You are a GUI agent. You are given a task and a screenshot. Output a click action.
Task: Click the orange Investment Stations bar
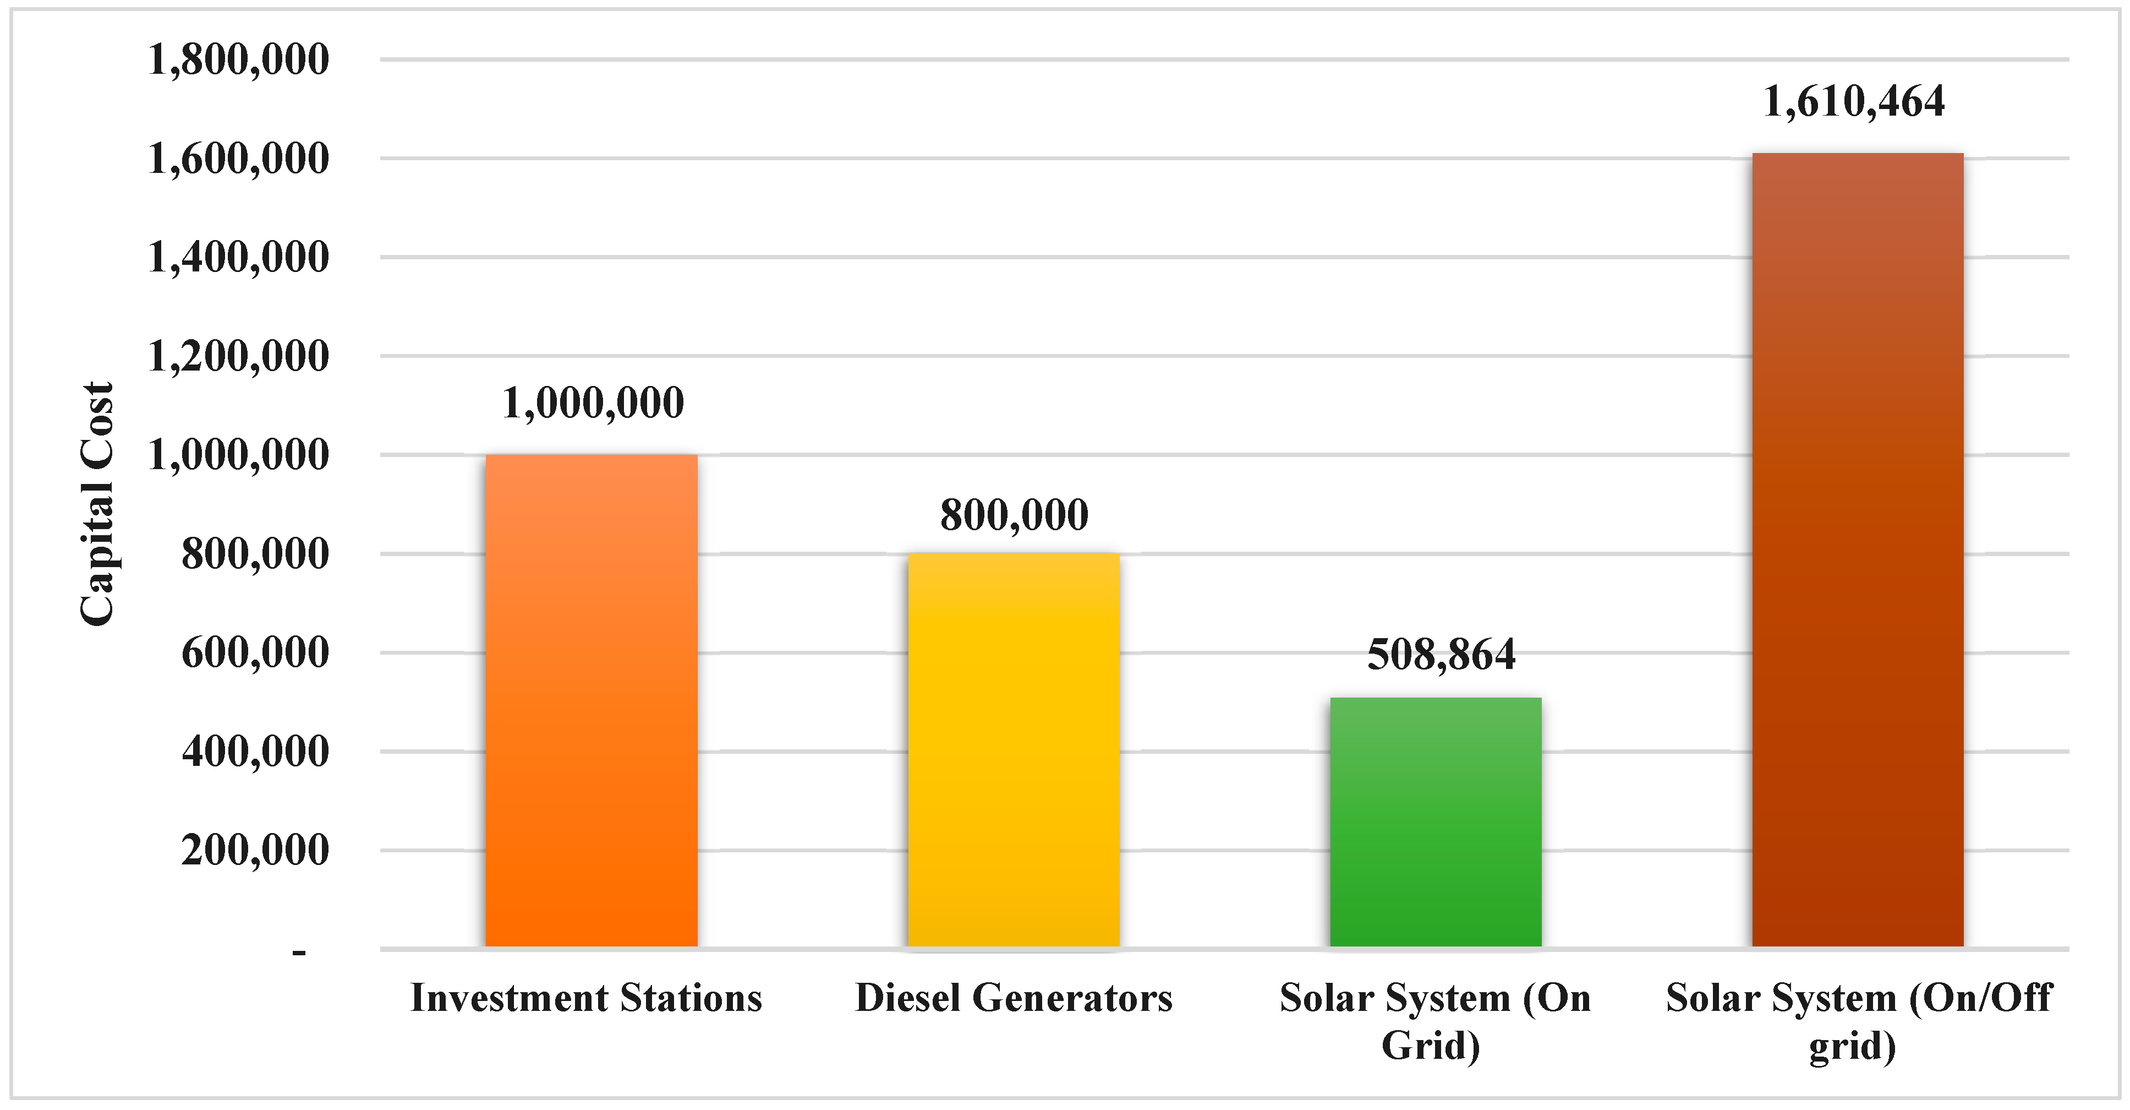click(591, 700)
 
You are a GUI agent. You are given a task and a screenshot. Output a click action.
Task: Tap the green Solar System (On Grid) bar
click(1436, 821)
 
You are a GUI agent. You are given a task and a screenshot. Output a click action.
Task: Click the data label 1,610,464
click(1854, 102)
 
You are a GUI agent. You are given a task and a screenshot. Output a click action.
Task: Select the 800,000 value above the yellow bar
click(1014, 514)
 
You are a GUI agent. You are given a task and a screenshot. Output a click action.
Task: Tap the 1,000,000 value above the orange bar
click(593, 403)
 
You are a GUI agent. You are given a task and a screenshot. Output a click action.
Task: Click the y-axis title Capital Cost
click(97, 504)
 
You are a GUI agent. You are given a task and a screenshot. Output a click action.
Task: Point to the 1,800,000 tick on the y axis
click(238, 59)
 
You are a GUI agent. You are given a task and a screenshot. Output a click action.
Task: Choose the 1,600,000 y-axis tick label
click(238, 158)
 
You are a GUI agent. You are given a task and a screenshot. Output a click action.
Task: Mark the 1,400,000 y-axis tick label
click(238, 257)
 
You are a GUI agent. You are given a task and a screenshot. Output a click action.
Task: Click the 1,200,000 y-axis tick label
click(238, 356)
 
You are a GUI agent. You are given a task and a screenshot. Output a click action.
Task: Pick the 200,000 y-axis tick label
click(255, 850)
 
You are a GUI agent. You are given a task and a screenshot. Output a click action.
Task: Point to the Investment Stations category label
click(586, 998)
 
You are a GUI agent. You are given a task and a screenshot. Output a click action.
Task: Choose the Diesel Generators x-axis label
click(1014, 998)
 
